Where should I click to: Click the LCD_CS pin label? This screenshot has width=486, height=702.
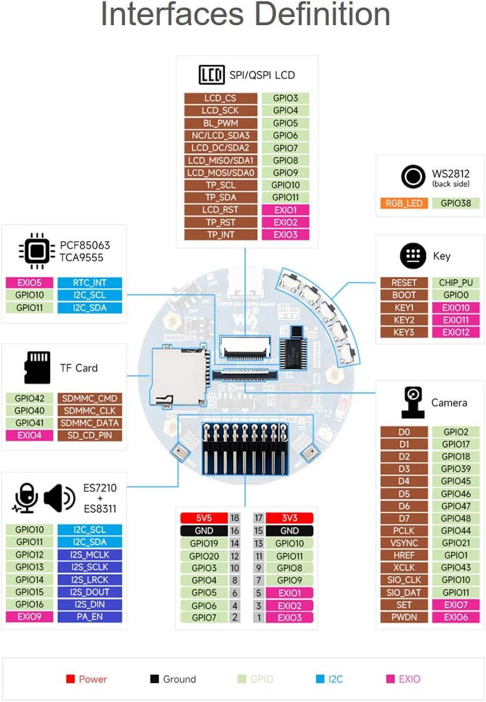point(221,98)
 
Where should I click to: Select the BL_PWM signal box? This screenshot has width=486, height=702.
point(221,123)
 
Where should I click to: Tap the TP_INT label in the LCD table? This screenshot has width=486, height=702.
point(221,235)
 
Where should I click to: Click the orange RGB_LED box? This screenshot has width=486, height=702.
point(404,203)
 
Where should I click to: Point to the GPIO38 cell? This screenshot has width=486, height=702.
point(456,203)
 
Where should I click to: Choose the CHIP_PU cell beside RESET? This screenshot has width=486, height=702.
point(456,283)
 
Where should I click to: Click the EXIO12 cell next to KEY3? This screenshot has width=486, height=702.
point(456,332)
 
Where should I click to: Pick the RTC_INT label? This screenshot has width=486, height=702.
point(89,283)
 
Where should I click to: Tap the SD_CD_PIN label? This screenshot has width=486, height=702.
point(89,436)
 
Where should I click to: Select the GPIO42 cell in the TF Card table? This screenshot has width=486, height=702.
point(30,399)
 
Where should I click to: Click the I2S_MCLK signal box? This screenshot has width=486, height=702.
point(89,555)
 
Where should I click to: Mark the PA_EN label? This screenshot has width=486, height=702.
point(89,617)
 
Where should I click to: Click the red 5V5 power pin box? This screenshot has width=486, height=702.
point(204,518)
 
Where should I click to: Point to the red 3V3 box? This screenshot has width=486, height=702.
point(289,518)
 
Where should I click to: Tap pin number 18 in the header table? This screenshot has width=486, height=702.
point(235,518)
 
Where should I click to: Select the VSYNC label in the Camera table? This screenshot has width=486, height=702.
point(404,543)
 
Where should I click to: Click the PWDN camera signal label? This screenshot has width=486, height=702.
point(404,617)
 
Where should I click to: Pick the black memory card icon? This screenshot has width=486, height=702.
point(37,368)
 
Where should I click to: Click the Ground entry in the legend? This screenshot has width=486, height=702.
point(179,679)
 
